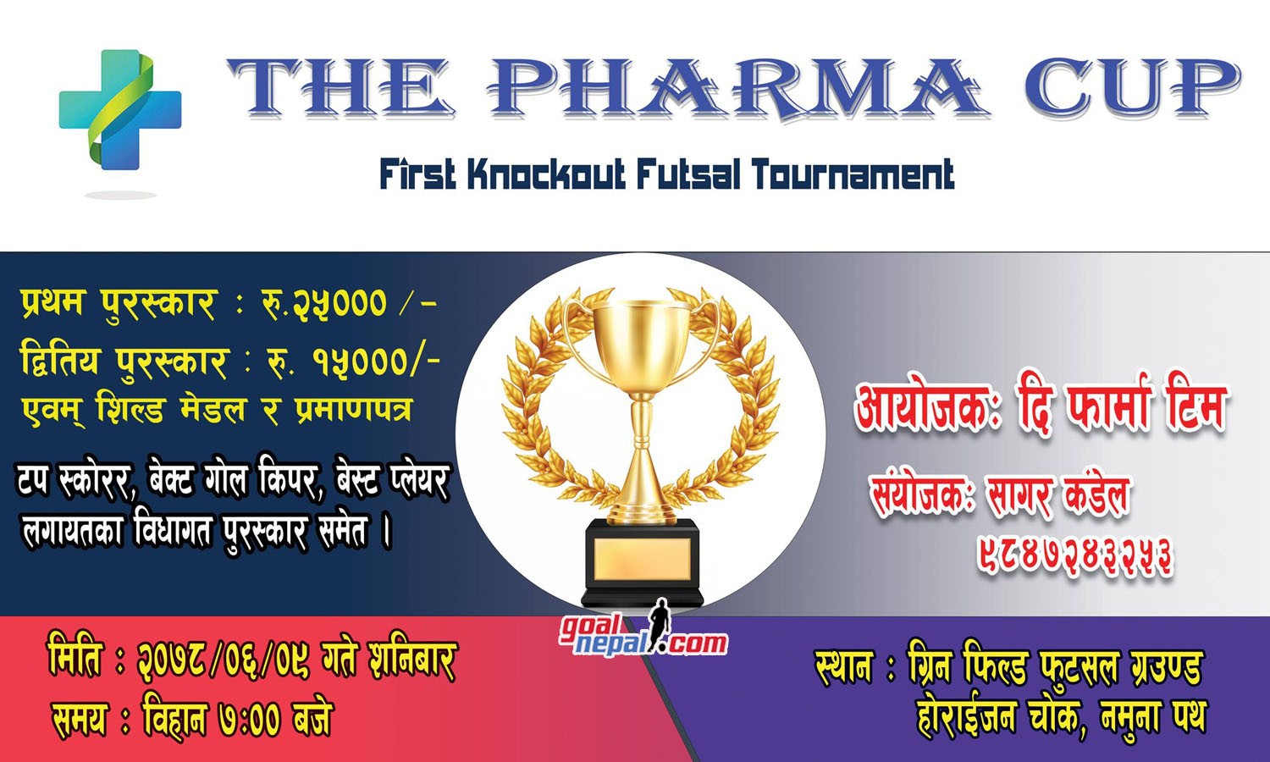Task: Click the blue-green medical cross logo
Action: pyautogui.click(x=120, y=110)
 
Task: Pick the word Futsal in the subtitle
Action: pyautogui.click(x=688, y=174)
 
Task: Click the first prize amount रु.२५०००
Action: pyautogui.click(x=324, y=303)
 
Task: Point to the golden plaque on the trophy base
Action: pyautogui.click(x=642, y=559)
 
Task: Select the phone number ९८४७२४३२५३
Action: pyautogui.click(x=1075, y=555)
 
